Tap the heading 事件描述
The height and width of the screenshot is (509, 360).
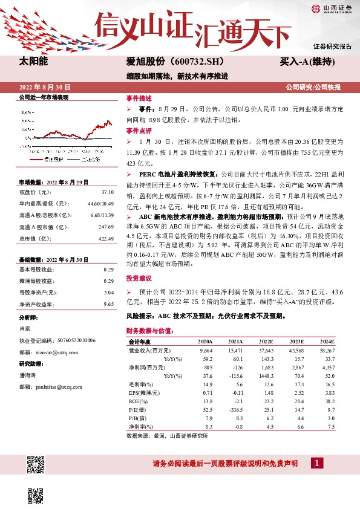click(139, 97)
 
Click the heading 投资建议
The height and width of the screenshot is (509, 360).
click(139, 279)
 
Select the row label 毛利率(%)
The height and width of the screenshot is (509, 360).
click(140, 384)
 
